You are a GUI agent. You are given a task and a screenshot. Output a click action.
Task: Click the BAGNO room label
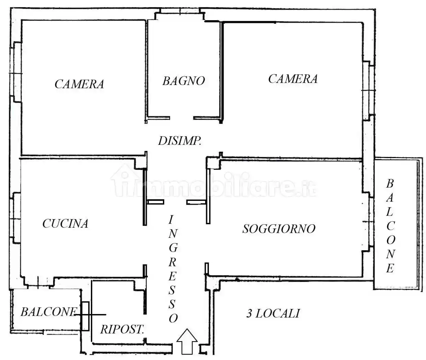coord(184,81)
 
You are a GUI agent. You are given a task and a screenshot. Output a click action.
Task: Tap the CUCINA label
coord(65,224)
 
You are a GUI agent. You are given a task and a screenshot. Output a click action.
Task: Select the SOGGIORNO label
coord(279,229)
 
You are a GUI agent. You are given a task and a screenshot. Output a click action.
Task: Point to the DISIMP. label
coord(179,141)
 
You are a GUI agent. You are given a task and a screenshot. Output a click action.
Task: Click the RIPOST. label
coord(122,329)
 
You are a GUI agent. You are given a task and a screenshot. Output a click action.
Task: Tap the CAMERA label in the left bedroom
coord(79,84)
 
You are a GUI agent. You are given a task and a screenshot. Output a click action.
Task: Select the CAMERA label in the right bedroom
coord(293,79)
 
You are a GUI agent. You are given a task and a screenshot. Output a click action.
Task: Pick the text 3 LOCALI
coord(273,313)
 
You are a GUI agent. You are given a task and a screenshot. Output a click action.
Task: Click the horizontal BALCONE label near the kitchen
coord(48,312)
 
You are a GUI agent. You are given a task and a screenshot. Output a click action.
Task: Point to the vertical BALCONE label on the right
coord(390,226)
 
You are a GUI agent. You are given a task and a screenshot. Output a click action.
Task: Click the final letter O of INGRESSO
coord(173,319)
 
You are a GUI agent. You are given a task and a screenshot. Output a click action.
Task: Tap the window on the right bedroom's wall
coord(367,90)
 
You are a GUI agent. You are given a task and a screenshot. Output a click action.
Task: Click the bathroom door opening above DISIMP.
coord(182,118)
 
